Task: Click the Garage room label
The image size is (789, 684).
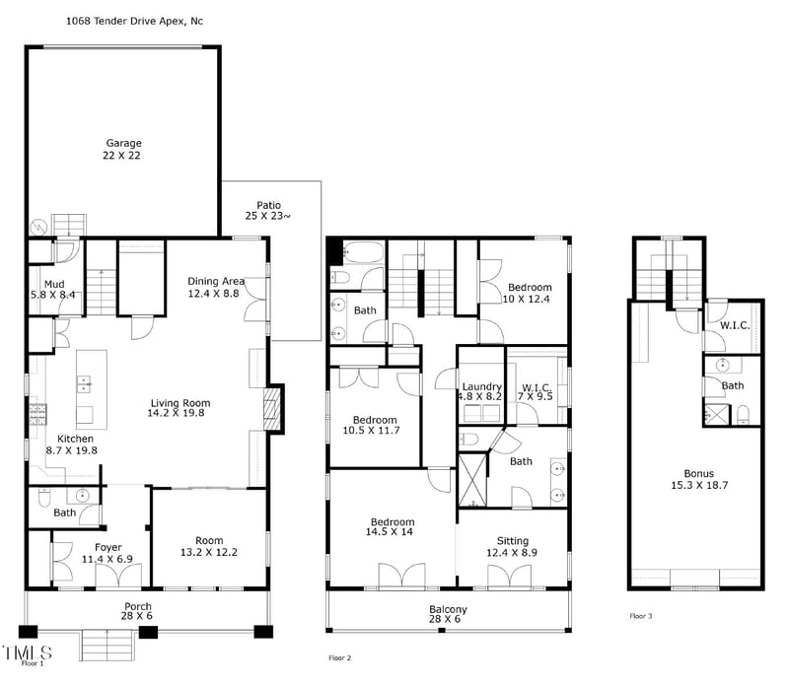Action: pyautogui.click(x=123, y=149)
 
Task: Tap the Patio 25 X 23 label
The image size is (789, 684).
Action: pyautogui.click(x=269, y=210)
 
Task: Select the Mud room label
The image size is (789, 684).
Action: pyautogui.click(x=53, y=289)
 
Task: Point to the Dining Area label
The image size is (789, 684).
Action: pyautogui.click(x=216, y=287)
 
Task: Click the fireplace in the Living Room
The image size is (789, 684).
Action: pyautogui.click(x=274, y=409)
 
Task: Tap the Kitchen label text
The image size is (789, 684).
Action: pyautogui.click(x=75, y=445)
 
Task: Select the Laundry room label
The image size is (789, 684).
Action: pyautogui.click(x=481, y=391)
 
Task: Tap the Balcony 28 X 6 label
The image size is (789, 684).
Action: pyautogui.click(x=448, y=615)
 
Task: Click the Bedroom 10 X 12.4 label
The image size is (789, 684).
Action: pyautogui.click(x=526, y=293)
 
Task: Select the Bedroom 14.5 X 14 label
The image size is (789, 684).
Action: pyautogui.click(x=393, y=528)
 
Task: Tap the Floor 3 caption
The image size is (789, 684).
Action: pyautogui.click(x=642, y=616)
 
